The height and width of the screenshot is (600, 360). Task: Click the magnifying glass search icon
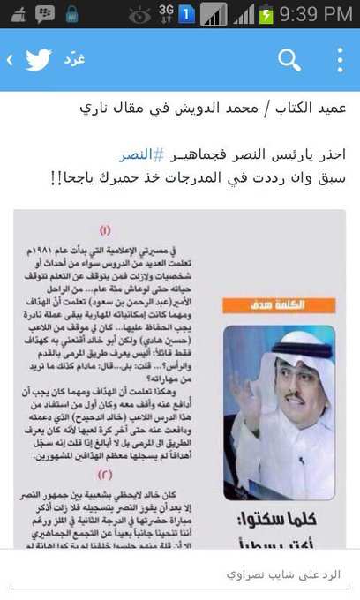click(289, 60)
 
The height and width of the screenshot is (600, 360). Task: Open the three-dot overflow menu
click(341, 60)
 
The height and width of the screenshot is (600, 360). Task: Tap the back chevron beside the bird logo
click(9, 60)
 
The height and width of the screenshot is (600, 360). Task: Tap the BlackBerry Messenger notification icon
click(43, 14)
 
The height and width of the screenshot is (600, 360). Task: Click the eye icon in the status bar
click(139, 14)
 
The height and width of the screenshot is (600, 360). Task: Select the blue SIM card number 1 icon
click(187, 14)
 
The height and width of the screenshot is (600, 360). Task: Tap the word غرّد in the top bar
click(72, 60)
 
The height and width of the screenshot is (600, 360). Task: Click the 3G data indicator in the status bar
click(165, 14)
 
